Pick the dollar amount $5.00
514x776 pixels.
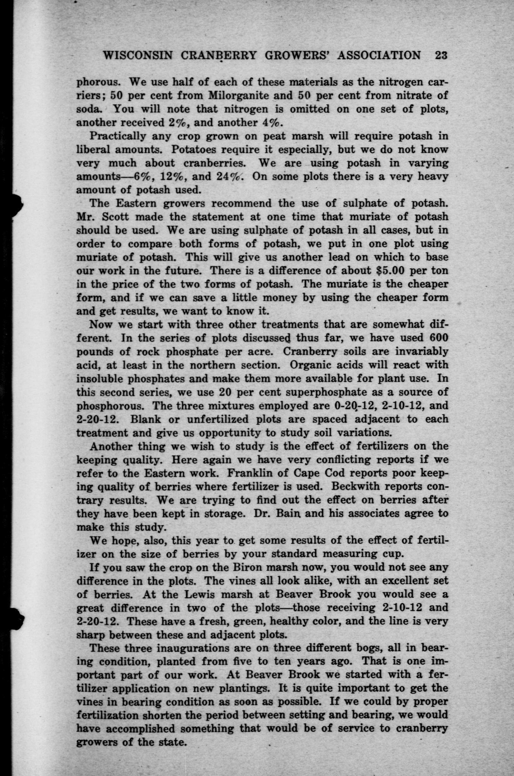(x=390, y=271)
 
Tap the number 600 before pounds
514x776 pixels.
(x=437, y=338)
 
